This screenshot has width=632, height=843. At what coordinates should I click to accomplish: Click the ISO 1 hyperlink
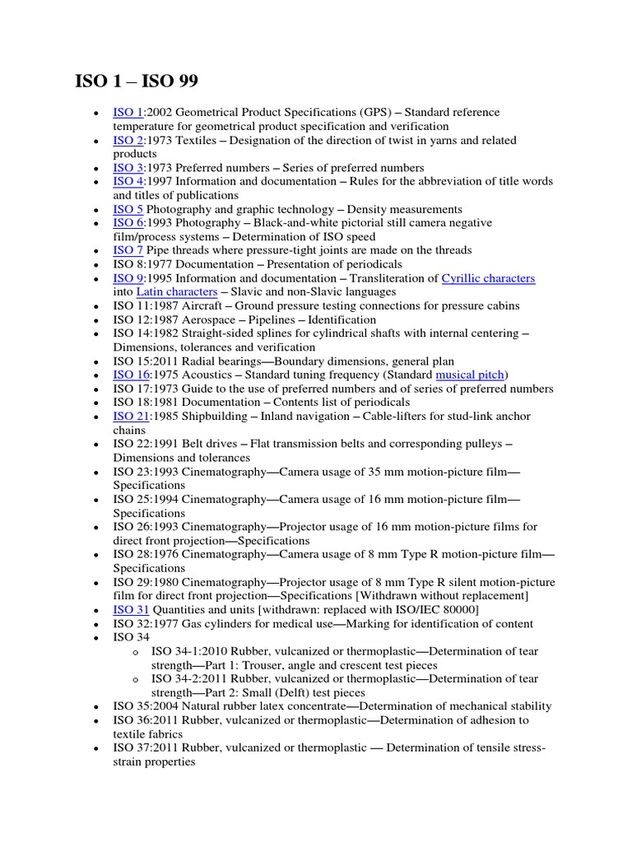click(x=128, y=112)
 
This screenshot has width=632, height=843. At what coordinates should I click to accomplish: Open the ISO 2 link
click(x=128, y=140)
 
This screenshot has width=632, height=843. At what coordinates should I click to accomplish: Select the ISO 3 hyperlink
click(x=128, y=168)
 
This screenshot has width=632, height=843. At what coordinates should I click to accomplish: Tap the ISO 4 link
click(x=128, y=182)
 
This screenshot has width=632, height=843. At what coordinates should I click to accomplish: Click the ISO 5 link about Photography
click(x=128, y=210)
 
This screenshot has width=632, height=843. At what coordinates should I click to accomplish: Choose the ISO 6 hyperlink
click(x=128, y=223)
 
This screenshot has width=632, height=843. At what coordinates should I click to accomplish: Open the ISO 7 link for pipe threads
click(x=128, y=250)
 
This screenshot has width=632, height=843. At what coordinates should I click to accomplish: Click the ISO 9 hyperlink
click(x=128, y=278)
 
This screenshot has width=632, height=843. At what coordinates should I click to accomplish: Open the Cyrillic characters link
click(x=488, y=278)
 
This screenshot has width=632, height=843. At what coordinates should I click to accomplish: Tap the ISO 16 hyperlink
click(x=131, y=375)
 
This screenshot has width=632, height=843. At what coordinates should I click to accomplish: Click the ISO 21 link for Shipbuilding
click(x=131, y=417)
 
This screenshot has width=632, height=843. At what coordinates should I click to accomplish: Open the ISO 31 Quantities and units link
click(x=131, y=609)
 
